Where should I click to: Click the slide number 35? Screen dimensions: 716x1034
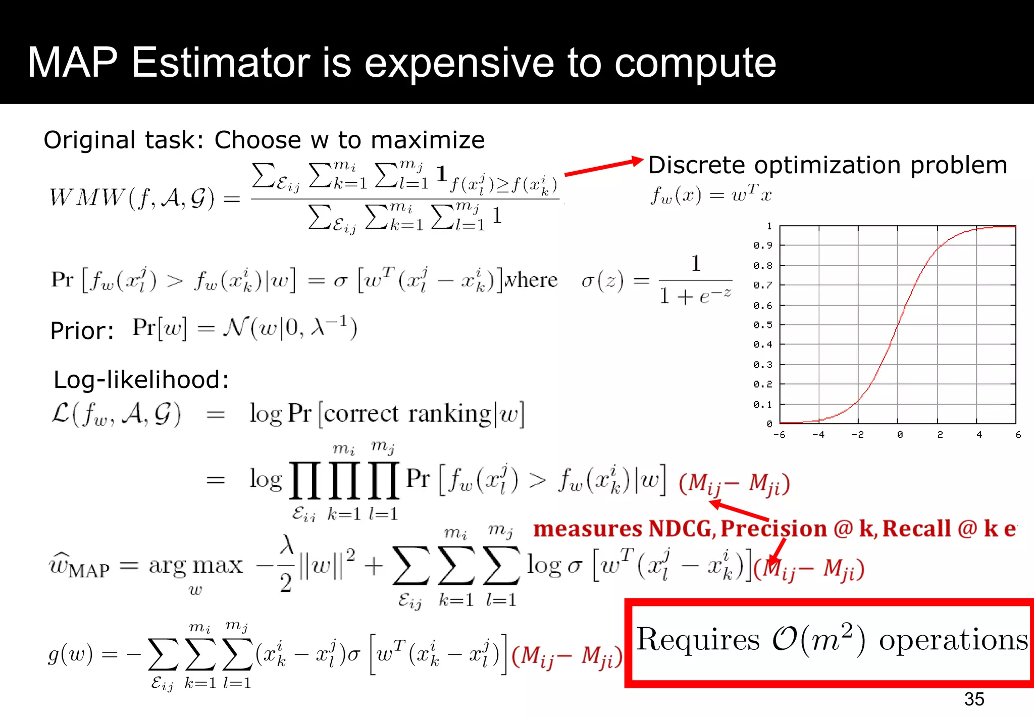coord(974,699)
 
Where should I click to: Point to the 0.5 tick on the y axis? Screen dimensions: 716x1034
coord(762,325)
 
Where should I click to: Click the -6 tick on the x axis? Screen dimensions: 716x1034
coord(779,435)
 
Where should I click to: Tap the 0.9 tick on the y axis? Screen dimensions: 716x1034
coord(762,246)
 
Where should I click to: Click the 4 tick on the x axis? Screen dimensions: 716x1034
coord(979,435)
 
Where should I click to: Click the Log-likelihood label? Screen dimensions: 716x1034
coord(141,380)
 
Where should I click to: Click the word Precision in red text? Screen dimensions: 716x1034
coord(773,529)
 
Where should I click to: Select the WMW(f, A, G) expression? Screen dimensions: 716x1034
coord(132,197)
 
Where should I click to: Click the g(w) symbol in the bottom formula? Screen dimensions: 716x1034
coord(70,654)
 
